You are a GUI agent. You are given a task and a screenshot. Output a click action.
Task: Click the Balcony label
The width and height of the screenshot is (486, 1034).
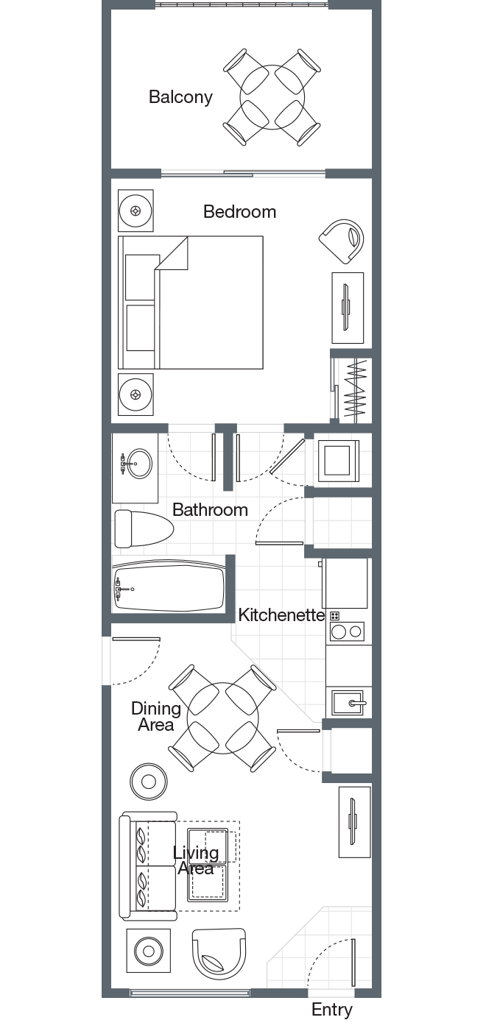click(x=180, y=97)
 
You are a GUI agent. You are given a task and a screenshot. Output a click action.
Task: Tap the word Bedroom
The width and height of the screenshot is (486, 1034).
click(x=240, y=212)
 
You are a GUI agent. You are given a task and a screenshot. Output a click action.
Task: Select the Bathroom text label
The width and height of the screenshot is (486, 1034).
click(x=210, y=509)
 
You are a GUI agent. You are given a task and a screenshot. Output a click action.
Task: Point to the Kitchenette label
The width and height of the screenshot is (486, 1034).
click(x=281, y=615)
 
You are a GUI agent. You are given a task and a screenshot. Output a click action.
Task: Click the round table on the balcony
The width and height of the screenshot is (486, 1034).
click(x=272, y=97)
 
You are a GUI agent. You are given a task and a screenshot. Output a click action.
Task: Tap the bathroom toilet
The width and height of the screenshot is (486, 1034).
click(x=144, y=528)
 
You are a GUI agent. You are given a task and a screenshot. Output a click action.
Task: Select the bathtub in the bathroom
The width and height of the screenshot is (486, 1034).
click(x=169, y=588)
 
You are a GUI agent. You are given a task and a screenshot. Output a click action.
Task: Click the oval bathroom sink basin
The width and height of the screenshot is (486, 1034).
click(x=139, y=464)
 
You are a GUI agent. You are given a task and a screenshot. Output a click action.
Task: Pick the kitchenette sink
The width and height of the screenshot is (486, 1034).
click(x=348, y=703)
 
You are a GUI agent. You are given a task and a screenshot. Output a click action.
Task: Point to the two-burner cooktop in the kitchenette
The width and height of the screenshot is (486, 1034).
click(x=347, y=632)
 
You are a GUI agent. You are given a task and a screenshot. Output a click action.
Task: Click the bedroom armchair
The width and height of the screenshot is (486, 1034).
click(x=342, y=241)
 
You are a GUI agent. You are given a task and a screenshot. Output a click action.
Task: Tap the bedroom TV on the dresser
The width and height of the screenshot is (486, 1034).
click(x=345, y=308)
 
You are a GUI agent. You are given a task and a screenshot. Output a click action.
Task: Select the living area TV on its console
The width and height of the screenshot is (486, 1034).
click(x=353, y=822)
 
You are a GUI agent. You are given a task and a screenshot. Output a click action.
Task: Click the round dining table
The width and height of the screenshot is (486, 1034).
click(x=222, y=718)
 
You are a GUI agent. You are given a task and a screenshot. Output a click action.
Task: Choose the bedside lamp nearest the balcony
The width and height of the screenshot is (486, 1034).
click(x=135, y=210)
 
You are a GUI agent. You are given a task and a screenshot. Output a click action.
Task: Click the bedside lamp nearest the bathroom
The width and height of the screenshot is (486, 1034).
click(x=135, y=394)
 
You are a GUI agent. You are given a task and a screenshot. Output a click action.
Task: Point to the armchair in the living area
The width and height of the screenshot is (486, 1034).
click(x=219, y=954)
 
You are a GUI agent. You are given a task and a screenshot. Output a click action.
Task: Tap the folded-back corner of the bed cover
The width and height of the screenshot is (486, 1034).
click(x=172, y=253)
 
